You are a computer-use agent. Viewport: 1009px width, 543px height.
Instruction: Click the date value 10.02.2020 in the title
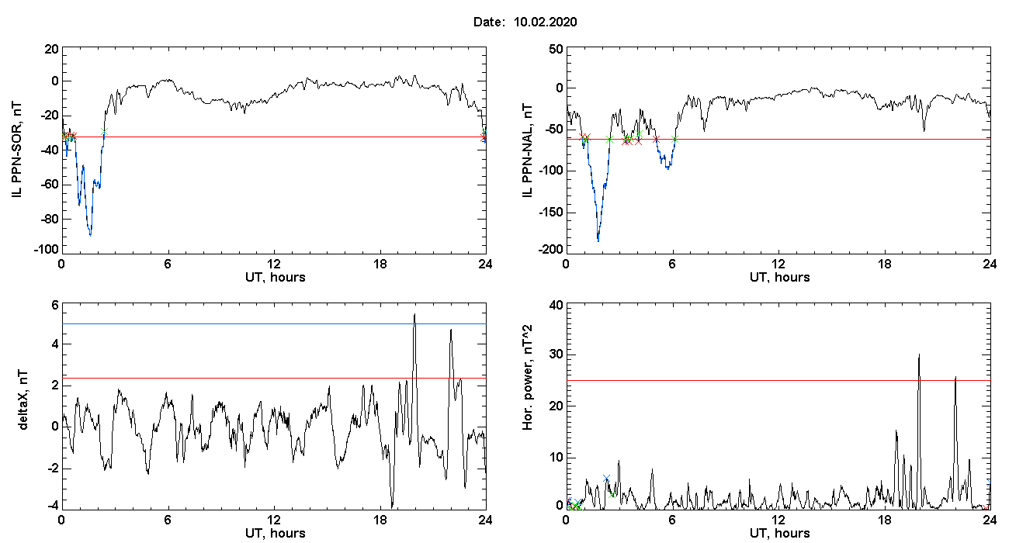[x=545, y=22]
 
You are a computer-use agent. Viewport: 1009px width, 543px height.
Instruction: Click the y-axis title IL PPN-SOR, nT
[x=17, y=150]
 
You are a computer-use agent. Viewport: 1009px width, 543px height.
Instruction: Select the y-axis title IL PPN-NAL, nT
[x=527, y=150]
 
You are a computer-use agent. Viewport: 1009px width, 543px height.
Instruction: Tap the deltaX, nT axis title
[x=23, y=399]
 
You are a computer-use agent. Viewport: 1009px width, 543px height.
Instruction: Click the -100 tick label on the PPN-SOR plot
[x=47, y=250]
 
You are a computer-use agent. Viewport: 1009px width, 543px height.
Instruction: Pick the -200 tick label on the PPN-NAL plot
[x=550, y=250]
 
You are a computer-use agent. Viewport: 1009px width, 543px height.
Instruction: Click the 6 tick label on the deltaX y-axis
[x=55, y=306]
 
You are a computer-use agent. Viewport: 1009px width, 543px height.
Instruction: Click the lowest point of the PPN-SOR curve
[x=91, y=235]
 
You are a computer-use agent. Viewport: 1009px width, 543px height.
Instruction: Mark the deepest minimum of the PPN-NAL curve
[x=598, y=241]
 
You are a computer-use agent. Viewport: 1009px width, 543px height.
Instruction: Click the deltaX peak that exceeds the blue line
[x=415, y=315]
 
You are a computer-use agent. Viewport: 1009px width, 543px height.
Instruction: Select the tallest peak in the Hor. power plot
[x=919, y=355]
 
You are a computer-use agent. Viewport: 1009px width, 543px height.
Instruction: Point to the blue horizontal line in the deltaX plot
[x=274, y=323]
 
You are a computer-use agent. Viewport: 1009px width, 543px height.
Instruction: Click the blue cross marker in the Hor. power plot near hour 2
[x=606, y=478]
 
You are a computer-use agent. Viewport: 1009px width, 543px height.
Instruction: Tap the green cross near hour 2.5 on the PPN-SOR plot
[x=104, y=131]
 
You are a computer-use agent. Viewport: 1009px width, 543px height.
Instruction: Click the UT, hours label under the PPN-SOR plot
[x=276, y=278]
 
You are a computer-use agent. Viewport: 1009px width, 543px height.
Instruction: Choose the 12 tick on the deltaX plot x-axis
[x=273, y=520]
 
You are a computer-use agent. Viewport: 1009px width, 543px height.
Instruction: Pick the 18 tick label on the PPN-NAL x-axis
[x=884, y=264]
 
